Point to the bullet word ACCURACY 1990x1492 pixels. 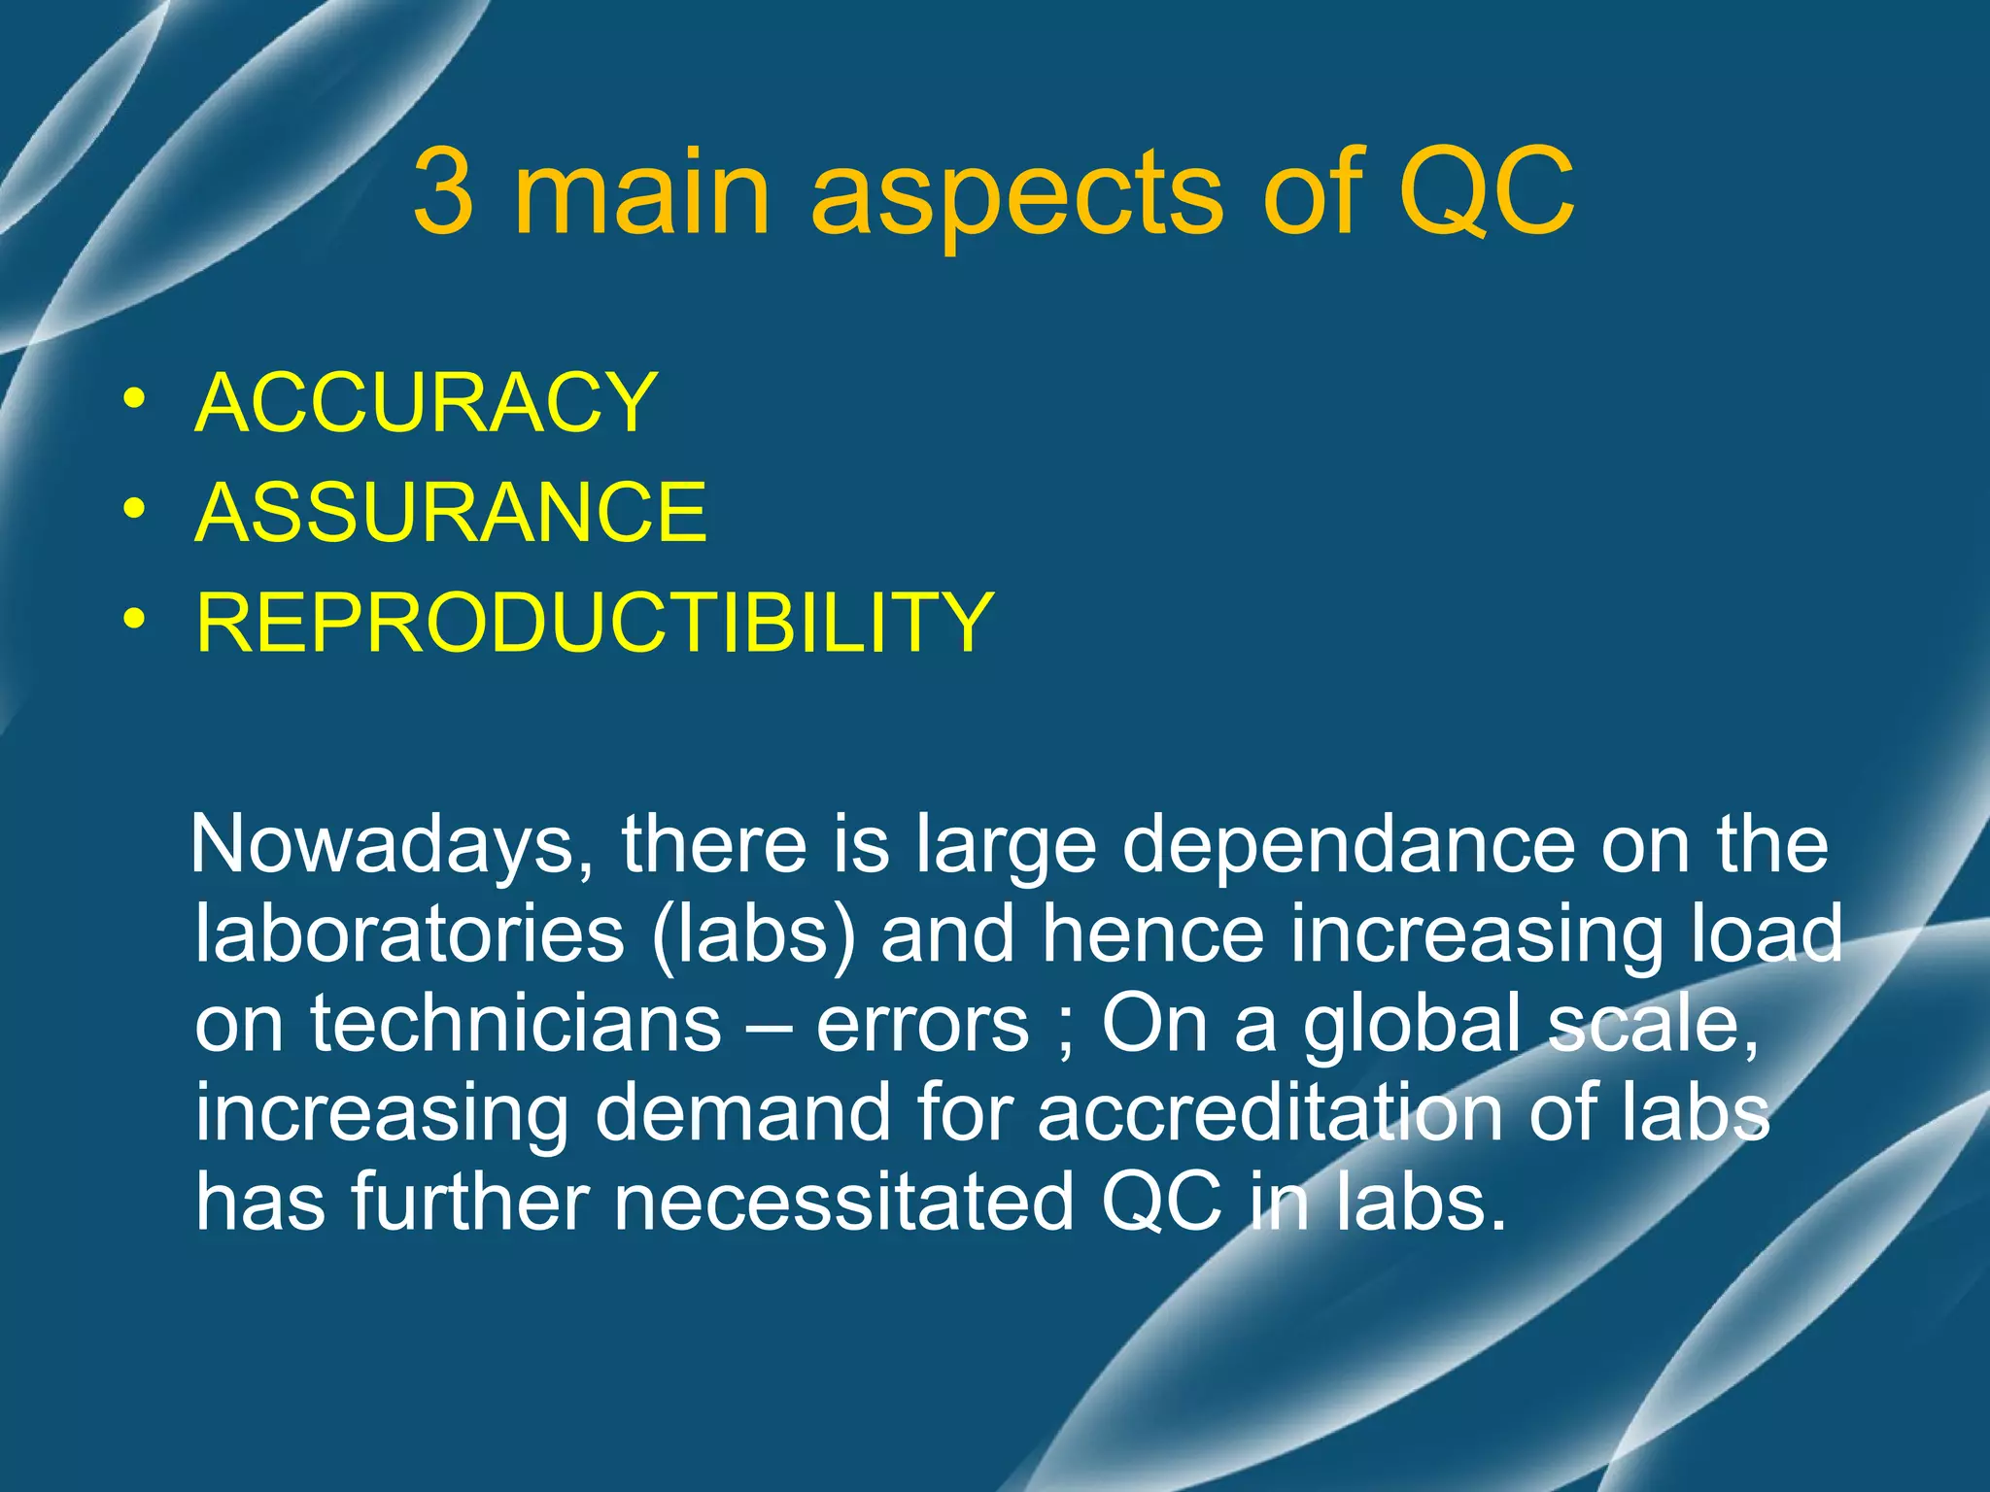[427, 402]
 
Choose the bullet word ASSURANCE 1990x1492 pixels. [451, 512]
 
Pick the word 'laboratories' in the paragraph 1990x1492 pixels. [409, 933]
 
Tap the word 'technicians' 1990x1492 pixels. [516, 1024]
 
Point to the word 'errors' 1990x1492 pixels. [922, 1024]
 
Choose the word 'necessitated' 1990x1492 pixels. [843, 1203]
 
